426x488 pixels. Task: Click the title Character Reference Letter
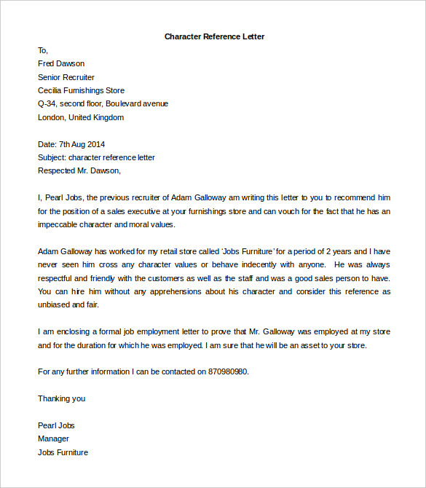pos(213,36)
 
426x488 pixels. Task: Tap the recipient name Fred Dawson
pos(61,63)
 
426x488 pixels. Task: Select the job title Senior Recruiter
pos(66,77)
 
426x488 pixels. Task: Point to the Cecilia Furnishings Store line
pos(81,90)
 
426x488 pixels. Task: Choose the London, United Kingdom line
pos(81,117)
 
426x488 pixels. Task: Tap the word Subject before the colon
pos(51,157)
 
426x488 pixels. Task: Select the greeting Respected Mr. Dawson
pos(79,171)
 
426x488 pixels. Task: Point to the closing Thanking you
pos(61,398)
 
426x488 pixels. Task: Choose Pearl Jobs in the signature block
pos(56,425)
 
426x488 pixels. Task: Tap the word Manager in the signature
pos(53,438)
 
